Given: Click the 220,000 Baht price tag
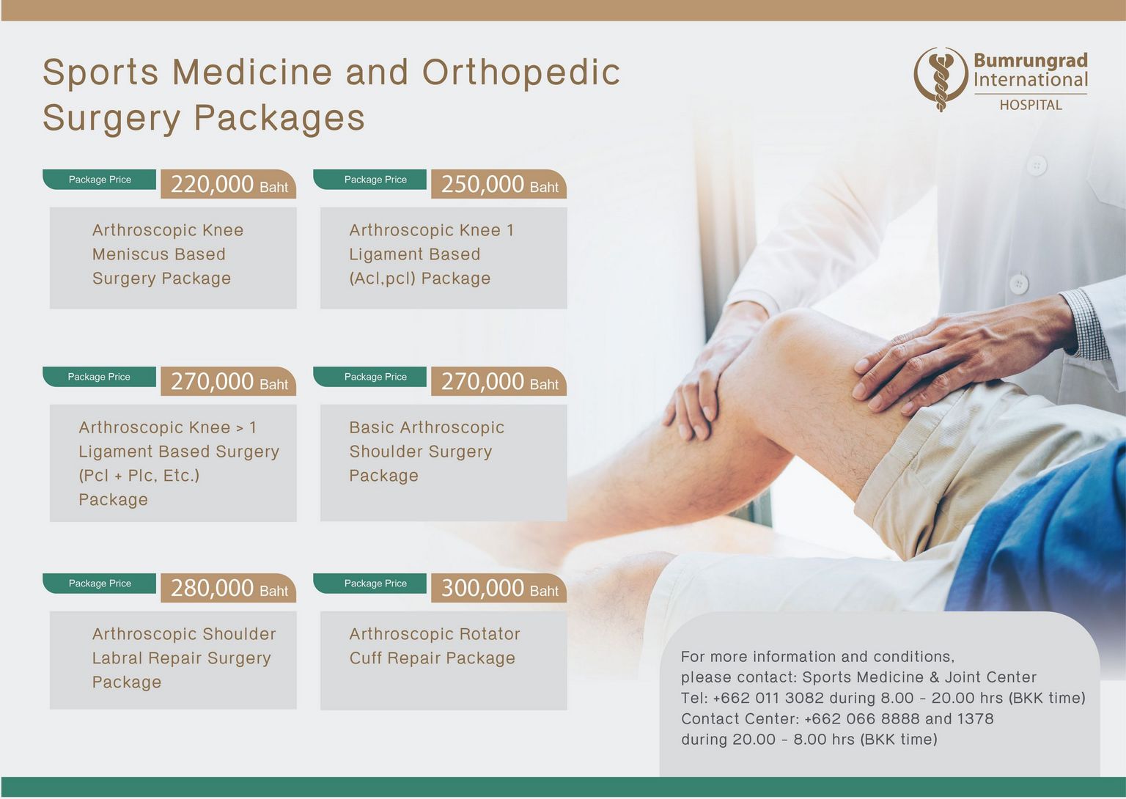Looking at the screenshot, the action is click(x=228, y=184).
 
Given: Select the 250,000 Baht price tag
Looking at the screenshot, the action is click(x=498, y=184).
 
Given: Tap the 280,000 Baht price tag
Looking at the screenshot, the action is click(x=228, y=588).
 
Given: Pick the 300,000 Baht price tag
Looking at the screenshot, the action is click(x=498, y=588).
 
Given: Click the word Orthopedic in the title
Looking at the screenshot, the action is click(x=520, y=73).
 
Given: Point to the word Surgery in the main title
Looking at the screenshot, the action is click(x=111, y=119).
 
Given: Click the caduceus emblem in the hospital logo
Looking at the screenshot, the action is click(x=941, y=79).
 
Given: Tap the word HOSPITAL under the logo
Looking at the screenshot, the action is click(x=1031, y=105).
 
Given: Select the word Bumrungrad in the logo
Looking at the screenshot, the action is click(x=1031, y=61).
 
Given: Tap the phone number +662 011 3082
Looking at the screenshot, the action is click(x=768, y=698).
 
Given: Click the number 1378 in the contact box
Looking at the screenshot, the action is click(x=975, y=718).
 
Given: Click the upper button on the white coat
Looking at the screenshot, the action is click(x=1037, y=166).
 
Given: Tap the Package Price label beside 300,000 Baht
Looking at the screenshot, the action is click(x=375, y=583).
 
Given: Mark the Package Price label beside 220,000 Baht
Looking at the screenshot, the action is click(x=100, y=180).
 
